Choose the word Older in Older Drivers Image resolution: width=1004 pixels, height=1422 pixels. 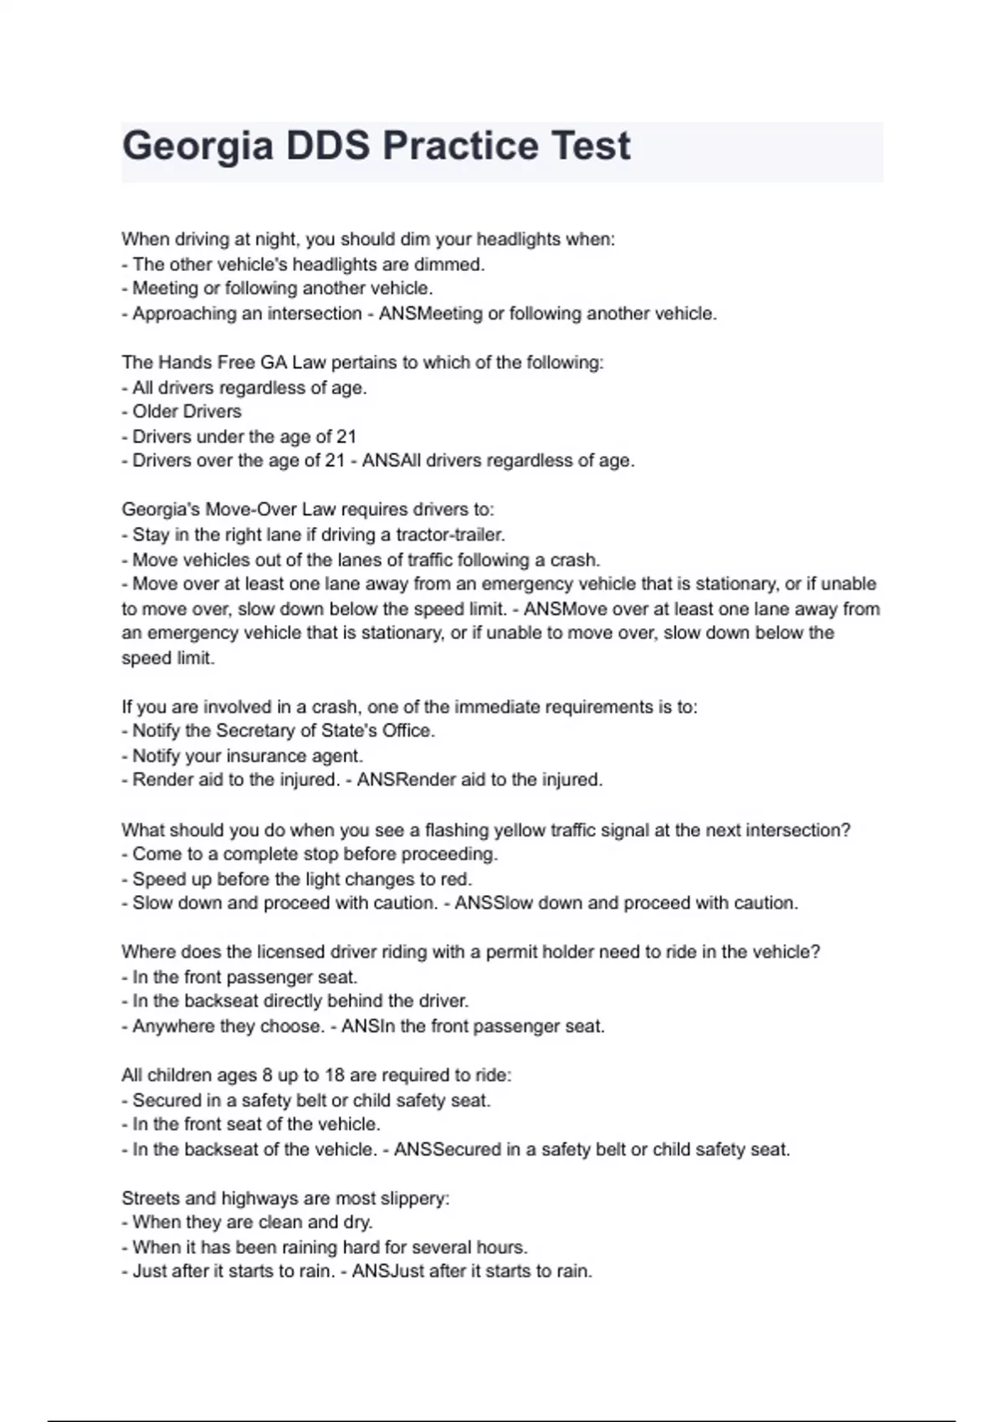tap(156, 412)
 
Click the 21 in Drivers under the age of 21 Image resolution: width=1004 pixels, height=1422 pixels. tap(346, 437)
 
